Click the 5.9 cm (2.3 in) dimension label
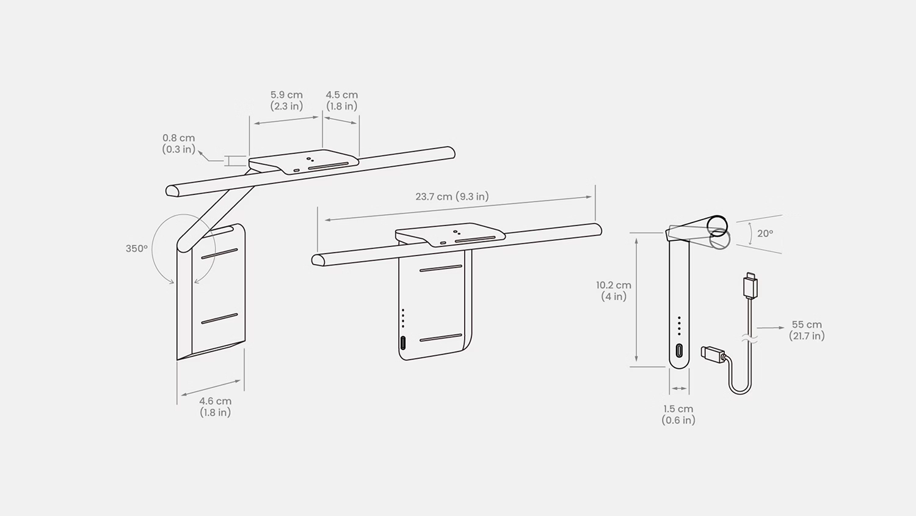286,100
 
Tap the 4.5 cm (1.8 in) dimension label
341,100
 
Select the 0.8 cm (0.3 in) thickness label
178,144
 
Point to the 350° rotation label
137,249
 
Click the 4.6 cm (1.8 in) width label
215,407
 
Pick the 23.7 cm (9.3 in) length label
452,197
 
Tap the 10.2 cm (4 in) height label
614,291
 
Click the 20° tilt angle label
765,234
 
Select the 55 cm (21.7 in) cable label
807,330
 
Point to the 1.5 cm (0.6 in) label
678,415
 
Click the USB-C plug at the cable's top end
750,286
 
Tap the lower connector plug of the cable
713,354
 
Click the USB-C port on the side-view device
679,351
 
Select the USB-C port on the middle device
403,342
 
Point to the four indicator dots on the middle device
403,318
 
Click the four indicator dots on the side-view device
679,326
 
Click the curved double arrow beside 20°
751,234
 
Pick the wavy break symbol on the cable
749,337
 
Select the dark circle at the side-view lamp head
717,225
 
